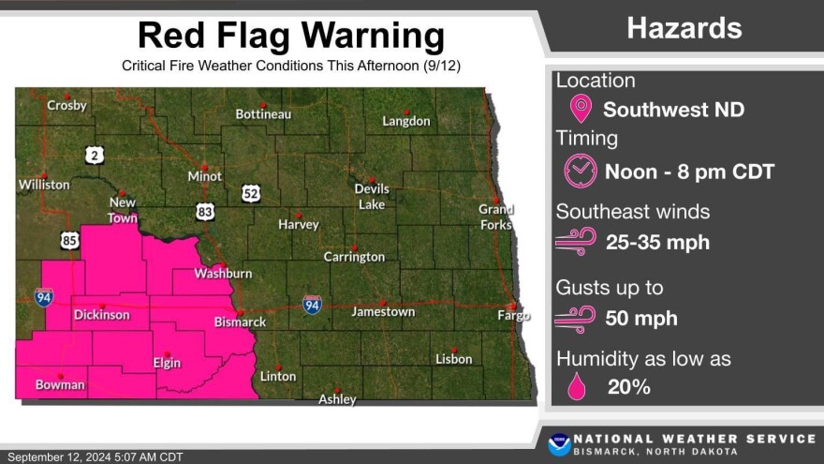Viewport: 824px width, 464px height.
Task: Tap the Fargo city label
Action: point(513,315)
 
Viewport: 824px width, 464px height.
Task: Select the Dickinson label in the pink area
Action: point(101,314)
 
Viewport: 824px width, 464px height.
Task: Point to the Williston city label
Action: point(44,185)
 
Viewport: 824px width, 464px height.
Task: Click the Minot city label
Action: point(204,176)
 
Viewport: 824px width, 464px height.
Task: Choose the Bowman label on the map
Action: point(60,384)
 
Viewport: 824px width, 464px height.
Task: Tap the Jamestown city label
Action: point(383,311)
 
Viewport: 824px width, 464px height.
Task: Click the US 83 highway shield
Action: point(205,212)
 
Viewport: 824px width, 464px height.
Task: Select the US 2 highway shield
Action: point(94,155)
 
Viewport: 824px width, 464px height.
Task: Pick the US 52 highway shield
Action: point(251,193)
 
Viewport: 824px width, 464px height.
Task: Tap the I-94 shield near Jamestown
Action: point(312,305)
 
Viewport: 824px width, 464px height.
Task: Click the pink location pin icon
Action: point(581,109)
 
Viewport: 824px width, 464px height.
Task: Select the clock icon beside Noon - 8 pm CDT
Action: point(580,171)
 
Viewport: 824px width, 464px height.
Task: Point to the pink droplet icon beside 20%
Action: point(577,385)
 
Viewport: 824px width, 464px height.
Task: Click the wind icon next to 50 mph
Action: point(575,318)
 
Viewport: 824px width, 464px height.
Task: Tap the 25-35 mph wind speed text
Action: point(657,243)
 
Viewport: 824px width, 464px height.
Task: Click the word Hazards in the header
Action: point(684,28)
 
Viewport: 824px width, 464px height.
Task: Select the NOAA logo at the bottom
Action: point(560,444)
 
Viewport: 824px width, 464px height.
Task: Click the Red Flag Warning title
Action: point(291,36)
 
